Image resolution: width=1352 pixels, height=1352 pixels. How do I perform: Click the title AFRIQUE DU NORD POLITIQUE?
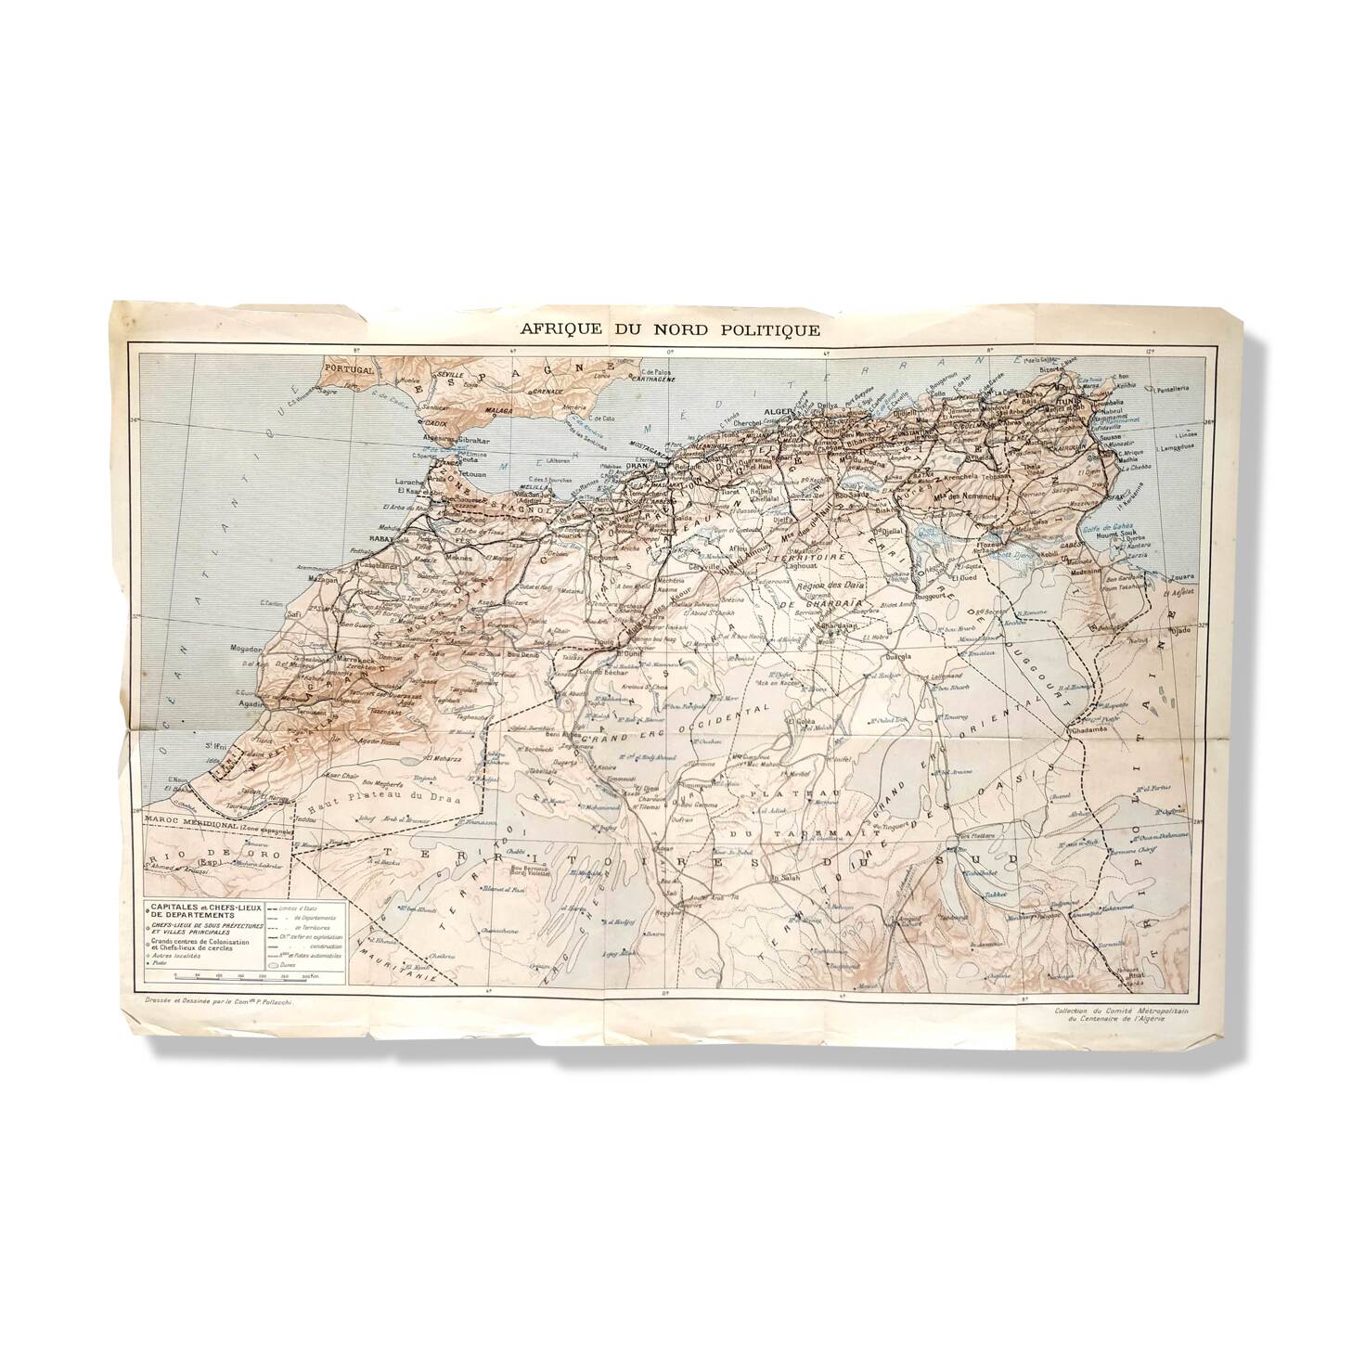click(669, 329)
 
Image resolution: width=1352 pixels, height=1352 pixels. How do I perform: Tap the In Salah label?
click(786, 878)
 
